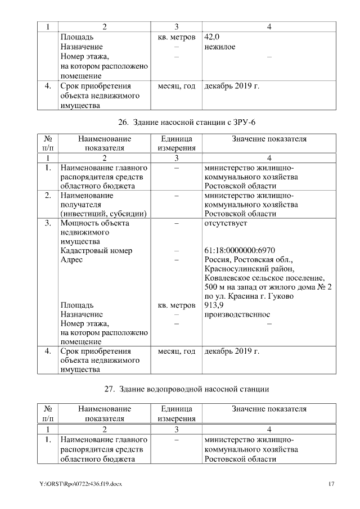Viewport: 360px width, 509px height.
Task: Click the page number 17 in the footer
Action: click(331, 484)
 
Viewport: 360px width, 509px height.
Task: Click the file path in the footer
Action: click(80, 484)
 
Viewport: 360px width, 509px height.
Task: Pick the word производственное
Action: click(237, 314)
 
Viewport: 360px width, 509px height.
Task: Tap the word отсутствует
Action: click(226, 223)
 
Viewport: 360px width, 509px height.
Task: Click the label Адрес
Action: click(71, 260)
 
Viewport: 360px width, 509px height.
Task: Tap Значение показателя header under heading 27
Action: click(269, 408)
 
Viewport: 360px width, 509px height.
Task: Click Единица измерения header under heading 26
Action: click(176, 143)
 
